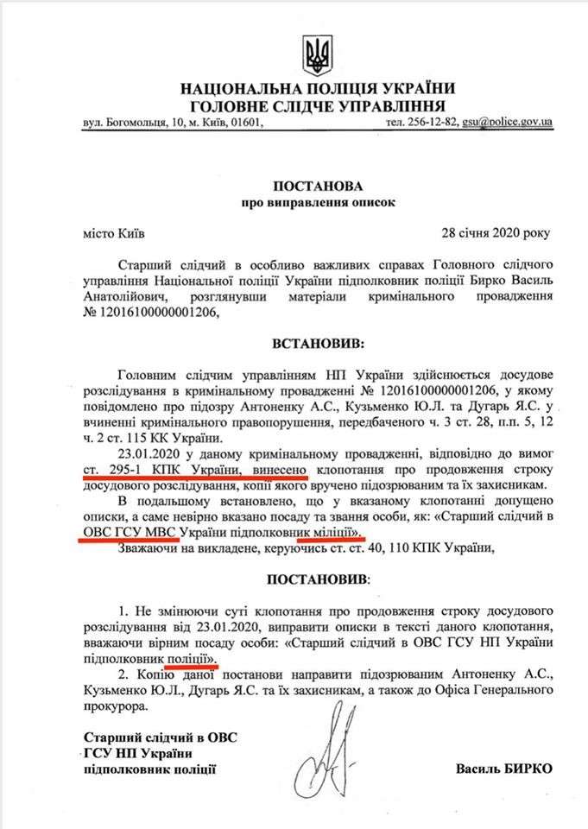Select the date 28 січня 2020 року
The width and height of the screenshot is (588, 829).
click(x=495, y=233)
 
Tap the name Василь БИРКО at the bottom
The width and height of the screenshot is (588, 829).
click(x=503, y=768)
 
